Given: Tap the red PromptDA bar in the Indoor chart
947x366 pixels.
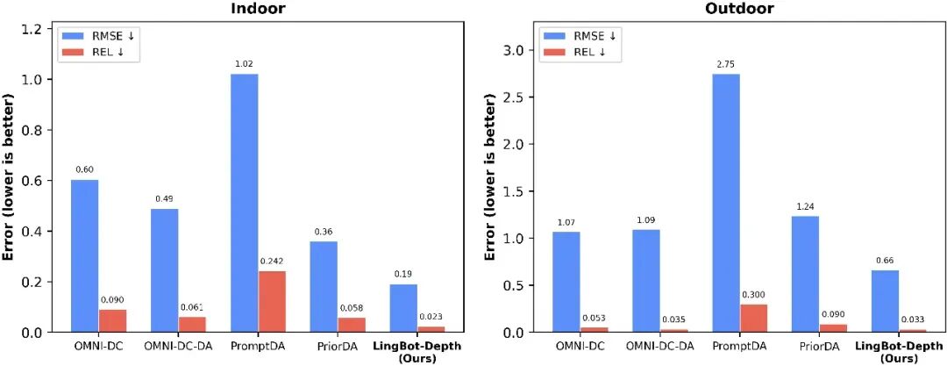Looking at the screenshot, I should [x=272, y=301].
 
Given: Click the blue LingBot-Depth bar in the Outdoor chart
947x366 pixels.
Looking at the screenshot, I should [x=885, y=301].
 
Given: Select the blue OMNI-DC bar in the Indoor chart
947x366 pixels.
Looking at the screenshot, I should [x=84, y=255].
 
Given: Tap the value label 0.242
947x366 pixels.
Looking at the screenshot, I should [x=272, y=261].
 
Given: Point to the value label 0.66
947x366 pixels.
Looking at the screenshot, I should [x=885, y=260].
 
